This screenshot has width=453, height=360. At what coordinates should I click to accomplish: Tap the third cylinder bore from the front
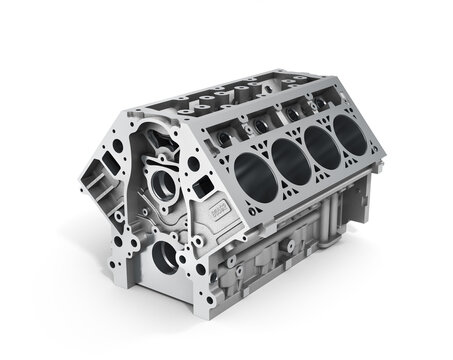(323, 143)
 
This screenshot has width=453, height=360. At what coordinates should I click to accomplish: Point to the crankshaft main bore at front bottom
(166, 255)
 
